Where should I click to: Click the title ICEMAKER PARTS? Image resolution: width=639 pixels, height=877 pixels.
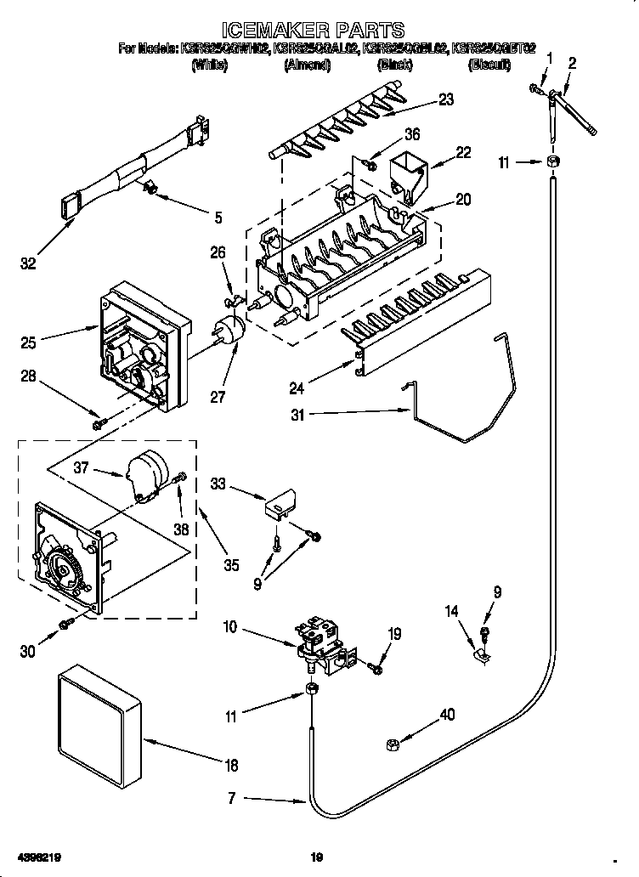[x=319, y=32]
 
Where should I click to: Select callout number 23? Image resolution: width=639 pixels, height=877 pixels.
[x=445, y=99]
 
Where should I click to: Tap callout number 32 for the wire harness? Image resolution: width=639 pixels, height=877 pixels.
[x=28, y=264]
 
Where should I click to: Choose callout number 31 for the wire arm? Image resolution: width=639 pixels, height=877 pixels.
[x=296, y=415]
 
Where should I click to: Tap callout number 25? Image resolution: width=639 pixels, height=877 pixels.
[x=29, y=342]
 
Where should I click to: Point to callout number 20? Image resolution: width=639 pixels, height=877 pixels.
[x=464, y=200]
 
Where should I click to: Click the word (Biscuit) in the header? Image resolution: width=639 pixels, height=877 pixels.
[x=491, y=65]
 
